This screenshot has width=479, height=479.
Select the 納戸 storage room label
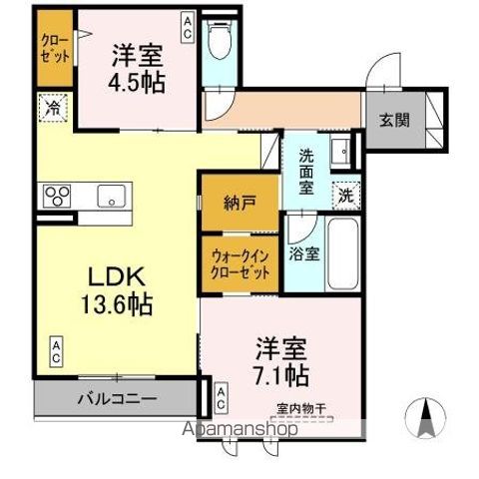pos(239,202)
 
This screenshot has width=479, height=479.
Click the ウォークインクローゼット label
pos(239,263)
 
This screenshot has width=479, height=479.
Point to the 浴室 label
pos(304,253)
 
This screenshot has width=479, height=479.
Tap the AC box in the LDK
pos(57,350)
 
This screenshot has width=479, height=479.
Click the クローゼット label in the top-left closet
pos(55,47)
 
